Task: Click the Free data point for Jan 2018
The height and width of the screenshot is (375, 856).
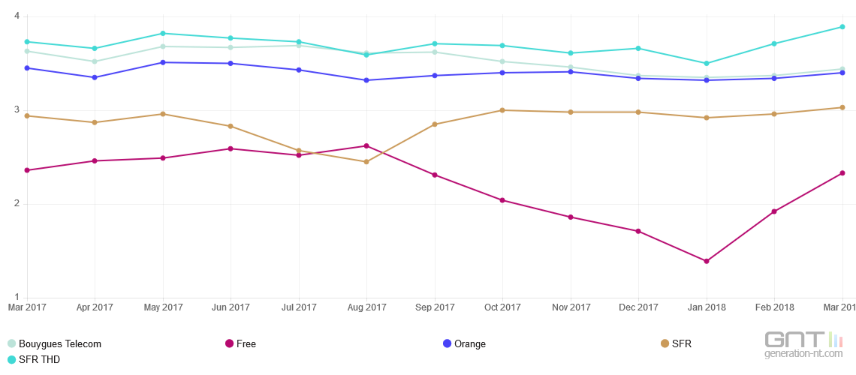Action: pos(706,261)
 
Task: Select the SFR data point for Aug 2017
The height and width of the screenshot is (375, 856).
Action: pos(366,162)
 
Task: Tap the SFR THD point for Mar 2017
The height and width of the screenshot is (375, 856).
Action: pos(27,41)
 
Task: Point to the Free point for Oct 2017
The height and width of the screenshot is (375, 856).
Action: pos(502,200)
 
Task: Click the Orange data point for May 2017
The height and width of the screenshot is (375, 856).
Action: pos(163,62)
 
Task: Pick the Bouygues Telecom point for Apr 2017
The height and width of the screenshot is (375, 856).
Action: pos(95,61)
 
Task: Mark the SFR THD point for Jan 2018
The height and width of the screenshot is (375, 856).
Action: pos(706,63)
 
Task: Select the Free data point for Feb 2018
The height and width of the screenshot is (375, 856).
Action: pos(774,211)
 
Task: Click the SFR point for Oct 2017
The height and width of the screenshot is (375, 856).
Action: pos(502,110)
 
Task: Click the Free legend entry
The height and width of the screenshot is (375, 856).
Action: pos(241,344)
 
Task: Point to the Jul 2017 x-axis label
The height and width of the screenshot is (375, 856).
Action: pos(299,307)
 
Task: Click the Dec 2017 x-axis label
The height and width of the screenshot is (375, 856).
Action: pos(638,307)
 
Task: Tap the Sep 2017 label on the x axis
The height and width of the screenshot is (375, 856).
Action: pos(435,307)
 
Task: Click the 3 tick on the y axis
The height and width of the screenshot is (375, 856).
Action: pos(17,110)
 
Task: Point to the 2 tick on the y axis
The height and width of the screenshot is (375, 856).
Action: pos(17,204)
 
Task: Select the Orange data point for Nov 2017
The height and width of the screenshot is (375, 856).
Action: pos(571,72)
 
